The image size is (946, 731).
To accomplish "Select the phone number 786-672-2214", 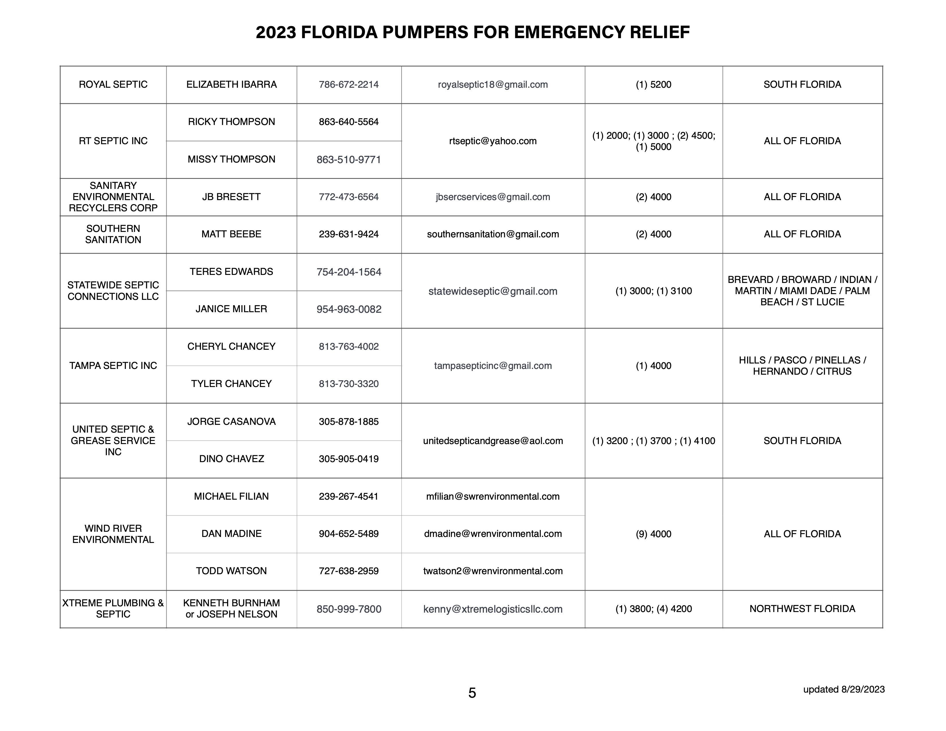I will pos(349,85).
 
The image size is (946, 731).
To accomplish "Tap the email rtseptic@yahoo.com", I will pos(493,141).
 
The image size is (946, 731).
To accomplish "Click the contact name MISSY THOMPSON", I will pos(231,159).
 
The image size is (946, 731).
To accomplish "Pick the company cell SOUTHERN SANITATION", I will pos(113,234).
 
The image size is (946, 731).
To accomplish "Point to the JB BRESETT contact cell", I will pos(231,197).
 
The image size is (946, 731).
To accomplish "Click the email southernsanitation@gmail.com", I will pos(493,234).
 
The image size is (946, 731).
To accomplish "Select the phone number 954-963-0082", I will pos(349,309).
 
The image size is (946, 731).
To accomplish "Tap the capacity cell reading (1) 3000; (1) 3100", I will pos(653,291).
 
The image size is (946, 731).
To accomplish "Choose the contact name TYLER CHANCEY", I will pos(231,384).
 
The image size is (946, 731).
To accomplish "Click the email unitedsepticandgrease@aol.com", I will pos(493,441).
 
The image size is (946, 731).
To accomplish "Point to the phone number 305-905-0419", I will pos(349,459).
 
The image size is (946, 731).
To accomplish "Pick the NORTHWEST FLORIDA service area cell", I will pos(802,609).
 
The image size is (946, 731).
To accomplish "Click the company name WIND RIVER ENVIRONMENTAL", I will pos(113,534).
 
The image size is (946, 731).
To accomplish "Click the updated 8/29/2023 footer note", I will pos(844,689).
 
